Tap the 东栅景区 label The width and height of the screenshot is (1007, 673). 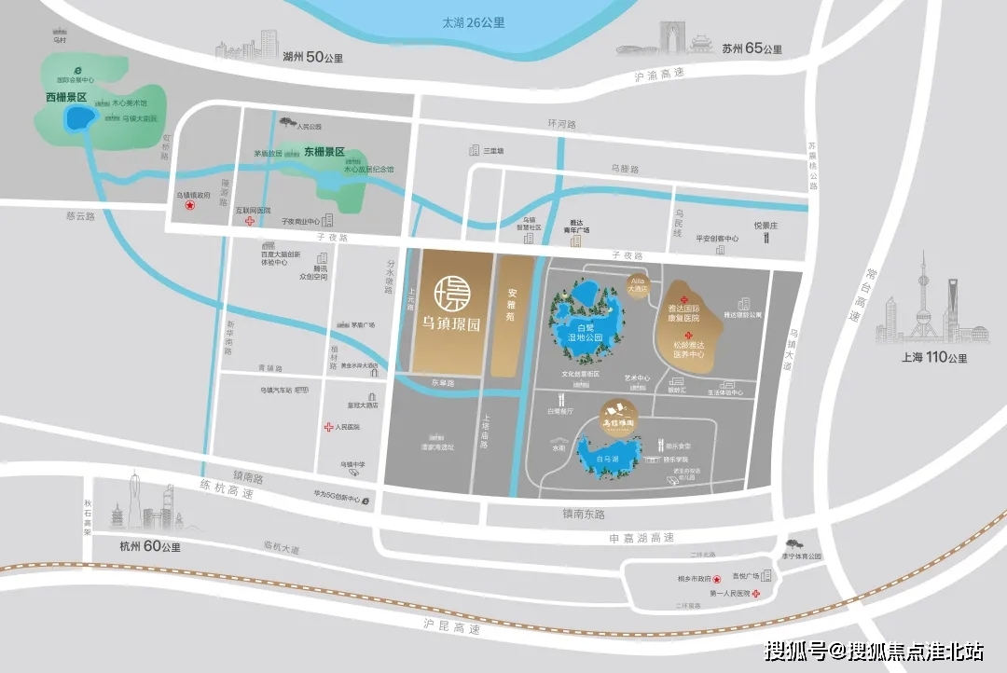point(324,152)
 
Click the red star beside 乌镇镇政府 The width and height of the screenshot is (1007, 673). point(190,208)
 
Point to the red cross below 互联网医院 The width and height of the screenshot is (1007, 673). point(250,222)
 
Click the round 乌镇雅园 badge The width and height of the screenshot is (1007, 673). point(619,411)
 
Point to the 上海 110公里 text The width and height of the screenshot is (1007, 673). point(932,358)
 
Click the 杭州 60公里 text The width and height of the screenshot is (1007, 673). point(149,546)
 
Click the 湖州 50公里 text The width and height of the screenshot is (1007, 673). point(312,58)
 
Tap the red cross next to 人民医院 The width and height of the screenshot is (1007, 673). point(328,428)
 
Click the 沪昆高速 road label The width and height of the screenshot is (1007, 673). point(448,629)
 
